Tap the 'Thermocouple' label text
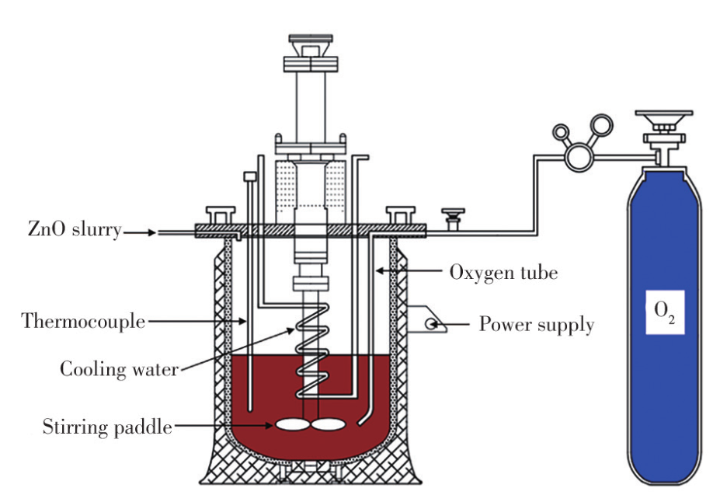[x=83, y=320]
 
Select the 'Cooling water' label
[x=119, y=368]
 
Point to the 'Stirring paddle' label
[x=107, y=426]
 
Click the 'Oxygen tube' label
[x=503, y=273]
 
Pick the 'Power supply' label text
[x=536, y=324]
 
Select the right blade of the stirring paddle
[x=328, y=425]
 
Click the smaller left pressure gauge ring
[x=560, y=133]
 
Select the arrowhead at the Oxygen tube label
[x=378, y=271]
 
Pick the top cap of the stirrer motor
[x=311, y=38]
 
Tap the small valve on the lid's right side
[x=450, y=215]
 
